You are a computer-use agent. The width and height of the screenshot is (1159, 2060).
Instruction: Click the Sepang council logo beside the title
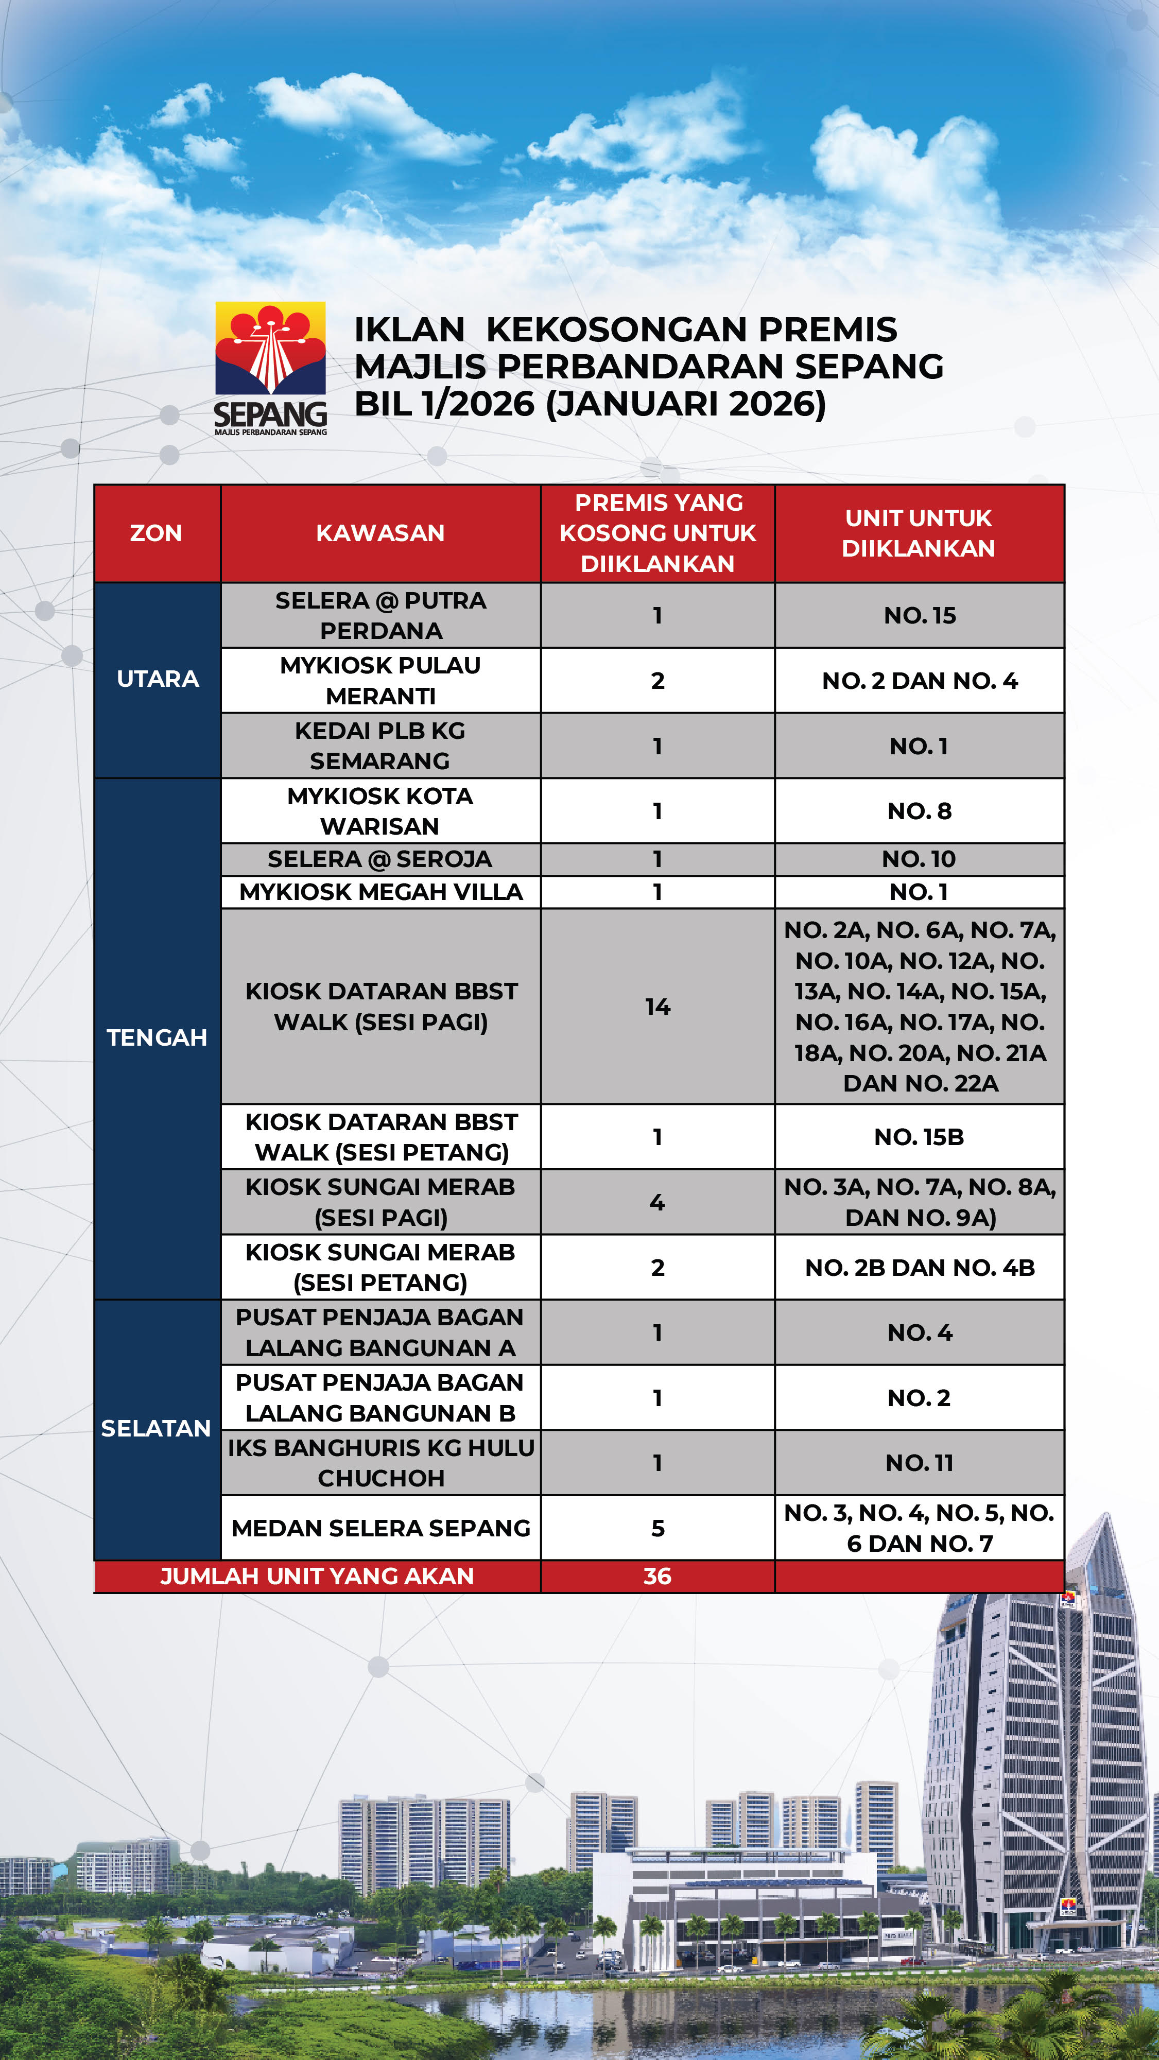270,367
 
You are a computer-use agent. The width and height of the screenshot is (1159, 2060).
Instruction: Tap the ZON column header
156,532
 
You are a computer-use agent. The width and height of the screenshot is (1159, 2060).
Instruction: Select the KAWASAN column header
380,532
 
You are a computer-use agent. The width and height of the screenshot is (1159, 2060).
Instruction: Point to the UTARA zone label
158,679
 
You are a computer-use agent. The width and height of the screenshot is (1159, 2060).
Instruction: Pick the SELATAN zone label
156,1428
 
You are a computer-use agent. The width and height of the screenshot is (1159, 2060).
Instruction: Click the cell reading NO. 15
919,615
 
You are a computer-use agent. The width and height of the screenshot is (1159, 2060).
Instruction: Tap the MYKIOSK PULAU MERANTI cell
380,681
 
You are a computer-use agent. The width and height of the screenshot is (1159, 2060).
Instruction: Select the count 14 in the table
658,1006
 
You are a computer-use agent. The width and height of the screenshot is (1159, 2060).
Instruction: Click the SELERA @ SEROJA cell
380,859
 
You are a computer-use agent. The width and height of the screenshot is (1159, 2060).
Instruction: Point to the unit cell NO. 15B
919,1136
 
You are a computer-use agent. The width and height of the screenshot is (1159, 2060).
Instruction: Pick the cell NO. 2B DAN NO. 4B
919,1268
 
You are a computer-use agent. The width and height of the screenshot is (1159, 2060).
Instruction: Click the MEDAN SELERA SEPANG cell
380,1528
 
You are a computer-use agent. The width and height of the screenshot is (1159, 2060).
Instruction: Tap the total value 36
658,1576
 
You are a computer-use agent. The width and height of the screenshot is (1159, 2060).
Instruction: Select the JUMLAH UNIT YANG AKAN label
318,1576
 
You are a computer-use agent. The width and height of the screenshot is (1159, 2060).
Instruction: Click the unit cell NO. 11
919,1463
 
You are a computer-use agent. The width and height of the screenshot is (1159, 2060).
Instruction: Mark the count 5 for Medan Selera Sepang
658,1528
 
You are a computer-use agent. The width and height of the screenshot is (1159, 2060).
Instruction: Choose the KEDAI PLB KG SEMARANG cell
380,746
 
